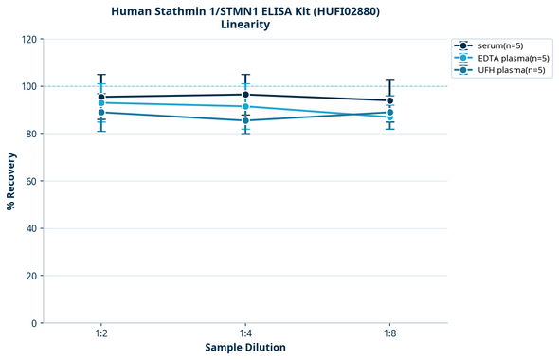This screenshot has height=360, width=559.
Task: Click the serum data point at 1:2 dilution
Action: click(x=101, y=97)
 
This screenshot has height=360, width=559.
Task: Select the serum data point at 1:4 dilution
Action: click(x=245, y=95)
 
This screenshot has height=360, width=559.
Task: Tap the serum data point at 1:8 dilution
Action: click(x=389, y=100)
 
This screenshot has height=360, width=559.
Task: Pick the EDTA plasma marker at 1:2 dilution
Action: click(x=101, y=102)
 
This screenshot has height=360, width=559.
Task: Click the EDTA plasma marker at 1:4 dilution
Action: click(x=245, y=107)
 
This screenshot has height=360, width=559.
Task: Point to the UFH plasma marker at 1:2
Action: click(x=101, y=113)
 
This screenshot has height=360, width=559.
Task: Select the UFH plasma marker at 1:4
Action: click(x=245, y=120)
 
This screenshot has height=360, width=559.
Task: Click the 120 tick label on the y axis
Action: click(x=29, y=39)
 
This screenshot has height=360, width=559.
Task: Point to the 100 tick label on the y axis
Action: click(x=29, y=86)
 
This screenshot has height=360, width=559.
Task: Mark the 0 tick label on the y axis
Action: click(x=35, y=323)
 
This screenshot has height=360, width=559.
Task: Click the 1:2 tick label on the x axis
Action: click(x=101, y=334)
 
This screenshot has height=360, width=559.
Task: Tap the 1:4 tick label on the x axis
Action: click(x=245, y=334)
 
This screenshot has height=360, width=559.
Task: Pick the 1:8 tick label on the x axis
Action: click(x=389, y=334)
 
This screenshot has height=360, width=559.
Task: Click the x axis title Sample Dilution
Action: click(x=245, y=348)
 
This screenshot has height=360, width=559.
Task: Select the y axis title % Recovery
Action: click(x=10, y=180)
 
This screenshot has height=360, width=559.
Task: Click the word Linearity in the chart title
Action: click(x=244, y=25)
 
